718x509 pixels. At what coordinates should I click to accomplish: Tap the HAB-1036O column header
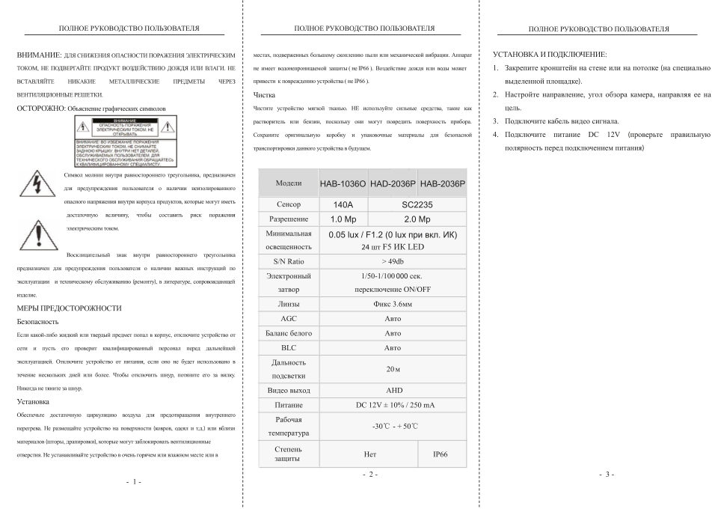pos(343,184)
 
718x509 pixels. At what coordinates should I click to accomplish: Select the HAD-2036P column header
pos(392,184)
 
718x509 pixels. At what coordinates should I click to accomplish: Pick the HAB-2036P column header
pos(441,184)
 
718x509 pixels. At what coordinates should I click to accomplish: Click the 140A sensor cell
pos(343,203)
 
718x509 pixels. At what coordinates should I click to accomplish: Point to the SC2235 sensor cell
pos(417,203)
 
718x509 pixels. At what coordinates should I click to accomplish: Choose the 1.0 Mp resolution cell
pos(343,219)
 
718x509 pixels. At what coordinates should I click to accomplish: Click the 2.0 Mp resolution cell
pos(417,219)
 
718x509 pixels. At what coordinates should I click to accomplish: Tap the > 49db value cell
pos(392,261)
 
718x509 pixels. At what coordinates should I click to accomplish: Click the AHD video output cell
pos(393,390)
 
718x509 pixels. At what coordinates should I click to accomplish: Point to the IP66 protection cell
pos(441,454)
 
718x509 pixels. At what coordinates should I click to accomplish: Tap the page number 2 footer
pos(369,475)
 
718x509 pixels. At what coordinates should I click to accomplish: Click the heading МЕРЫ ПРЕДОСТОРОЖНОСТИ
pos(69,308)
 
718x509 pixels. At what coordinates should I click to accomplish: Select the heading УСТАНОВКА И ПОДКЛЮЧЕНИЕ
pos(550,55)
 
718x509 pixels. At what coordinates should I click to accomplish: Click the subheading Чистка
pos(264,96)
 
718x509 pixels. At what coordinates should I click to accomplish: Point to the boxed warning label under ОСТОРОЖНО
pos(120,136)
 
